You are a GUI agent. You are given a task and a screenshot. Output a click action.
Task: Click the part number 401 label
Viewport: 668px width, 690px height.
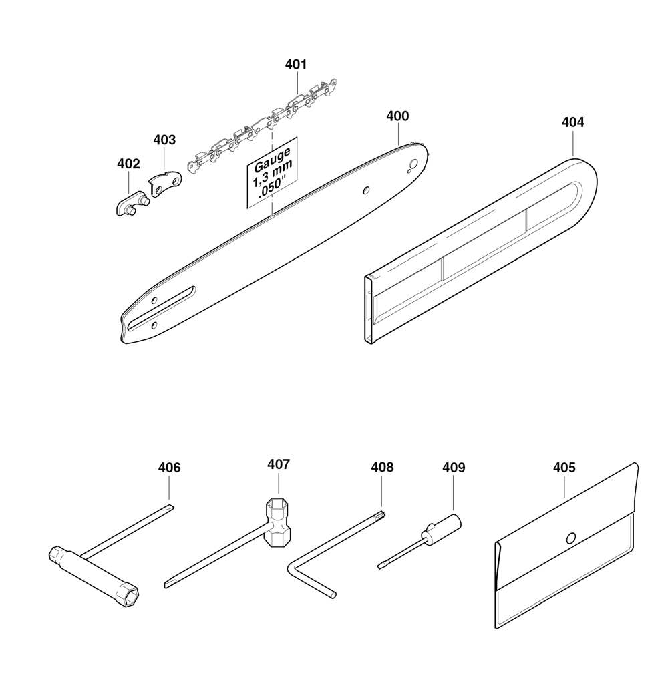point(295,65)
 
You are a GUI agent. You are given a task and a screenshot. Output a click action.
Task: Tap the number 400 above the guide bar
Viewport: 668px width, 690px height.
point(397,116)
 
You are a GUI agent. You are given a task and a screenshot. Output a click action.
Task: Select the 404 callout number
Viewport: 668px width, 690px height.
point(573,122)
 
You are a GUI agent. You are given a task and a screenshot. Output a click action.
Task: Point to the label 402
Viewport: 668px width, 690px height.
point(128,164)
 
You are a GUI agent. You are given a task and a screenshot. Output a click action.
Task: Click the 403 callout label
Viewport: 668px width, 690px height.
point(164,140)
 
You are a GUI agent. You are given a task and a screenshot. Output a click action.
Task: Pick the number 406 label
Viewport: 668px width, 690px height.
point(170,468)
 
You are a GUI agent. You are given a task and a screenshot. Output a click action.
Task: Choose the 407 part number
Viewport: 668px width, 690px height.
point(279,464)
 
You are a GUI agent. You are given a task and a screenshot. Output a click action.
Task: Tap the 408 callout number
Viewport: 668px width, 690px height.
point(382,467)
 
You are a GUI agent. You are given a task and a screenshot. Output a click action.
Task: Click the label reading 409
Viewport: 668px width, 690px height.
point(454,468)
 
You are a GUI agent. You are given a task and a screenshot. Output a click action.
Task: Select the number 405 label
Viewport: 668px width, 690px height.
point(564,468)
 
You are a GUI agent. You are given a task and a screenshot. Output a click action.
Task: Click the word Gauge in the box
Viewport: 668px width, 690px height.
point(273,159)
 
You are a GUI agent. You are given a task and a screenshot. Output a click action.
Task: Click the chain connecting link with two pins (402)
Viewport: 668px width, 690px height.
point(132,203)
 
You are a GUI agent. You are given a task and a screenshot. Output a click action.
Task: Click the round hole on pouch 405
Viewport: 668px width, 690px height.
point(571,538)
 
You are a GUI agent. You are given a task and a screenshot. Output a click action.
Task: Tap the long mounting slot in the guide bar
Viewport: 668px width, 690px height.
point(162,308)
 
